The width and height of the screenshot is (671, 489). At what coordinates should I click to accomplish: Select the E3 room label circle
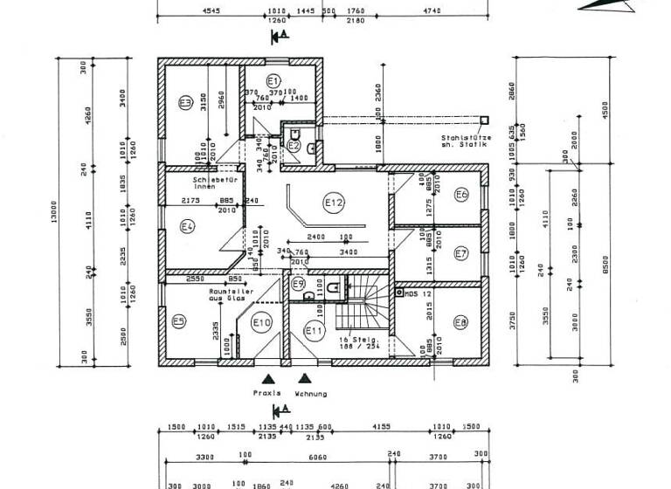(x=185, y=102)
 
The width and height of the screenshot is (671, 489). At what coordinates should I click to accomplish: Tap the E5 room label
(x=178, y=321)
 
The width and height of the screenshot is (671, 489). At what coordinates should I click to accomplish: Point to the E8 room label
(x=460, y=322)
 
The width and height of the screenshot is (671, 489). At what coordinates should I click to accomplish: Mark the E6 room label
(x=461, y=194)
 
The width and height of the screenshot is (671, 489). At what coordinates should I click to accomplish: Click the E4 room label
(x=186, y=227)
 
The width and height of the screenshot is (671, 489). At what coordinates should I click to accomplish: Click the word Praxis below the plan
(x=266, y=394)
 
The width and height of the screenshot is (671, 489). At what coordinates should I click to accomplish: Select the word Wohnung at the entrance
(x=310, y=394)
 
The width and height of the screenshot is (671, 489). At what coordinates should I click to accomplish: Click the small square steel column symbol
(x=481, y=119)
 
